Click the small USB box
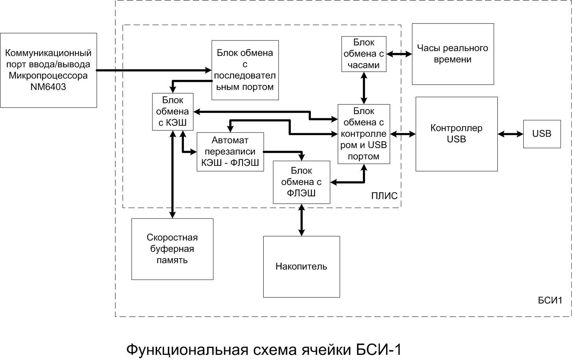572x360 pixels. [x=542, y=134]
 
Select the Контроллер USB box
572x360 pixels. [x=456, y=134]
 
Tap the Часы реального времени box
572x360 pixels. [x=453, y=54]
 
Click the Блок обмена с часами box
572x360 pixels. [x=364, y=54]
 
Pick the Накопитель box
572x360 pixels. [x=301, y=266]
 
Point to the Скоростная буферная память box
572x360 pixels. [x=172, y=249]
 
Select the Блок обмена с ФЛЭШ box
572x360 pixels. [x=301, y=182]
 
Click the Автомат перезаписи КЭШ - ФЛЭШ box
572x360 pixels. [x=230, y=152]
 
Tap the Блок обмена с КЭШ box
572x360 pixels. [x=172, y=112]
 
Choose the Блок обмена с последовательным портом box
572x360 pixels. [x=245, y=70]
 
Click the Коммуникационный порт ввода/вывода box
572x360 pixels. [x=48, y=70]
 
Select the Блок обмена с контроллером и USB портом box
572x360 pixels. [x=364, y=134]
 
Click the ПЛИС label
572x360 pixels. [x=384, y=196]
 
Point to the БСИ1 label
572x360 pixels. [x=550, y=301]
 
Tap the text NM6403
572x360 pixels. [x=48, y=87]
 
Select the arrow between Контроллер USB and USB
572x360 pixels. [x=510, y=134]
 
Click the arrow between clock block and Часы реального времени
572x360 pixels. [x=399, y=54]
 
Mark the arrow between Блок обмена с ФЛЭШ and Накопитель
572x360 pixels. [x=301, y=220]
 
